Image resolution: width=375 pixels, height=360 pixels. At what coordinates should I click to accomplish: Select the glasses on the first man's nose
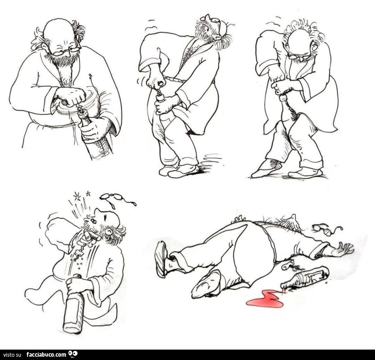65,51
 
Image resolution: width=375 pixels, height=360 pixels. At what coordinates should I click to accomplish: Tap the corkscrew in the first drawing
82,110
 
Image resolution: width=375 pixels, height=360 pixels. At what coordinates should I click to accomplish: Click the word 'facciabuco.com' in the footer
46,354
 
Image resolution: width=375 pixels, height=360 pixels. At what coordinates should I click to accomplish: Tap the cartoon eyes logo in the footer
73,353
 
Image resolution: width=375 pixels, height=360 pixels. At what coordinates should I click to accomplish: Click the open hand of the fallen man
345,248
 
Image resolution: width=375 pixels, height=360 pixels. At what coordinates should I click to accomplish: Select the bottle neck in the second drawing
160,98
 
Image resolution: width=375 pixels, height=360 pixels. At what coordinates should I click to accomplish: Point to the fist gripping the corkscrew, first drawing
70,97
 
